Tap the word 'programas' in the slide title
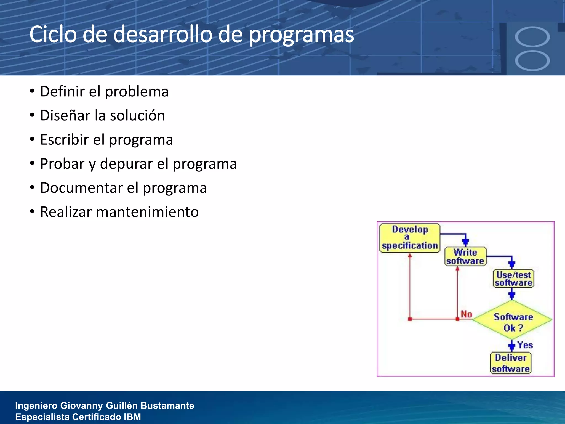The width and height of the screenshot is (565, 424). click(x=301, y=35)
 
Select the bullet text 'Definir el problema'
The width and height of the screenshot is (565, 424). click(x=104, y=91)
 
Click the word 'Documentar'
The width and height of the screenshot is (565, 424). click(x=81, y=188)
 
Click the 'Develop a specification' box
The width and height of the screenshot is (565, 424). click(x=410, y=238)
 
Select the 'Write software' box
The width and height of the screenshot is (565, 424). click(x=465, y=256)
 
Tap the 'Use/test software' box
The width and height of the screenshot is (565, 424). click(x=513, y=279)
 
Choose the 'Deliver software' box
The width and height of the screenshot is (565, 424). click(x=511, y=363)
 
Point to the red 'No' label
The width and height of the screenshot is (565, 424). click(x=467, y=314)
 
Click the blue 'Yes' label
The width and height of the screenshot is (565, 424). click(x=525, y=345)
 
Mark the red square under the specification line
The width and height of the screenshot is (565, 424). click(x=410, y=319)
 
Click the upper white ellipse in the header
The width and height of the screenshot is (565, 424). click(x=532, y=36)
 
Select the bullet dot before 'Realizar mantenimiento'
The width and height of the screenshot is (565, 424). click(x=32, y=212)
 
